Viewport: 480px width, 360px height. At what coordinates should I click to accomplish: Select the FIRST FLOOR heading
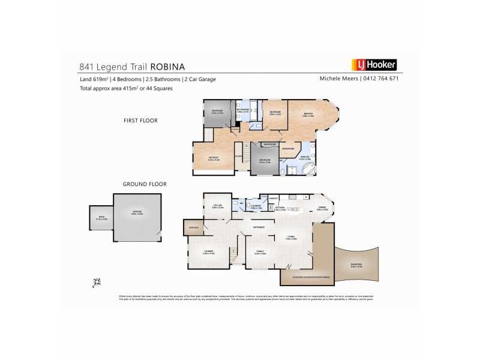pos(140,121)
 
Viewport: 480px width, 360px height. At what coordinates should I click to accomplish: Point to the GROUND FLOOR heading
pos(145,184)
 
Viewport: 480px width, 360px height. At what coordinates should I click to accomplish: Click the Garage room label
pos(137,212)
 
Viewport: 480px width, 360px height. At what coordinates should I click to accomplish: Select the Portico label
pos(193,227)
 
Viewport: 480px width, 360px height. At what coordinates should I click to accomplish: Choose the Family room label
pos(260,253)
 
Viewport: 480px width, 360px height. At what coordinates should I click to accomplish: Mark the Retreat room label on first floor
pos(214,159)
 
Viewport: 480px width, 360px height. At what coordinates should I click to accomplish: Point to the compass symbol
pos(97,281)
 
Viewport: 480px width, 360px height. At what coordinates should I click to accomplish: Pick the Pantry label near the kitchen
pos(272,197)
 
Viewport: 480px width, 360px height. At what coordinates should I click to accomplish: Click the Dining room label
pos(322,208)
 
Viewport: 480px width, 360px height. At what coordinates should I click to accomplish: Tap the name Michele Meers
pos(338,79)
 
